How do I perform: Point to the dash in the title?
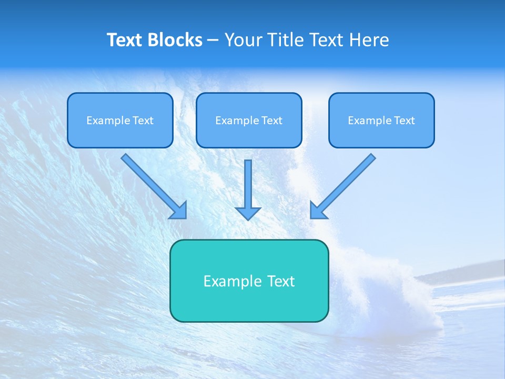[213, 41]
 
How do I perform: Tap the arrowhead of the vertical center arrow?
[248, 213]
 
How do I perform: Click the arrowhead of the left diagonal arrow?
[179, 211]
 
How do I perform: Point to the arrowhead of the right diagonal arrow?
[318, 211]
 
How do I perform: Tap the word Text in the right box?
[405, 121]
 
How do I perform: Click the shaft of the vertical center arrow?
[248, 182]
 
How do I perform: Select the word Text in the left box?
[143, 121]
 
